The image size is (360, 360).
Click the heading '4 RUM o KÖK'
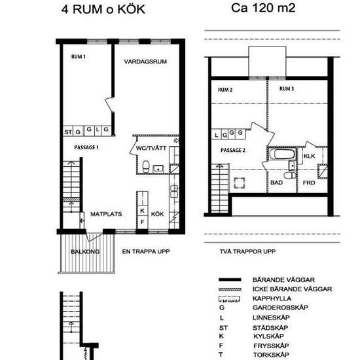pyautogui.click(x=103, y=9)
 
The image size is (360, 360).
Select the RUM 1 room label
pyautogui.click(x=79, y=57)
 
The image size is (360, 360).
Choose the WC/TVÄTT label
pyautogui.click(x=149, y=148)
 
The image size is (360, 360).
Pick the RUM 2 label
pyautogui.click(x=225, y=90)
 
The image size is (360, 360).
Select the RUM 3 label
pyautogui.click(x=286, y=88)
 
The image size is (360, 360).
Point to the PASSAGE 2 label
pyautogui.click(x=232, y=150)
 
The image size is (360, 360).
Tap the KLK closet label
pyautogui.click(x=310, y=157)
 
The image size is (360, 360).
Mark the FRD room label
pyautogui.click(x=310, y=183)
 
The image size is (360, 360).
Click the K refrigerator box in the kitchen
pyautogui.click(x=143, y=211)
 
